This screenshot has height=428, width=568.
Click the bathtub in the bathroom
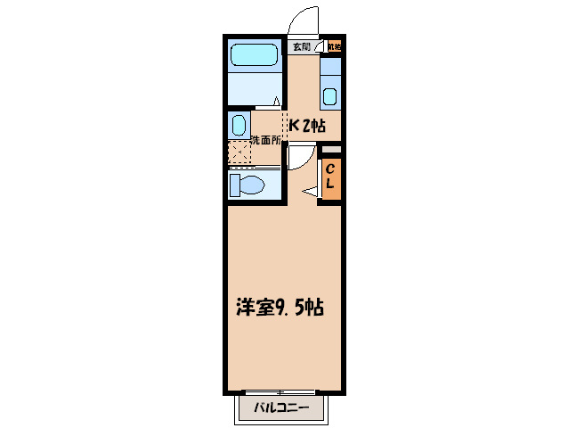tap(254, 56)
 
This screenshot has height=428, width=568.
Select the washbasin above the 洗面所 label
tap(239, 123)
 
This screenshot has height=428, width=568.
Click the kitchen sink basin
tap(330, 97)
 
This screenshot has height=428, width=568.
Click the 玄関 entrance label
tap(301, 46)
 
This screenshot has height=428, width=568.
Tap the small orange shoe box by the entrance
tap(334, 46)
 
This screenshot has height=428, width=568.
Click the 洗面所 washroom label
tap(265, 140)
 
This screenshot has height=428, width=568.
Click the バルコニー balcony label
tap(280, 408)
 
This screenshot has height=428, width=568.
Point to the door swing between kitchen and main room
tap(299, 157)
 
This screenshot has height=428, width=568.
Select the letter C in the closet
tap(329, 169)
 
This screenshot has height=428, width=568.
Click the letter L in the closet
tap(329, 185)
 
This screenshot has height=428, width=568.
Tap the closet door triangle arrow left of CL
tap(311, 191)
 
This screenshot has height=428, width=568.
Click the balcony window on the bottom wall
tap(280, 392)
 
